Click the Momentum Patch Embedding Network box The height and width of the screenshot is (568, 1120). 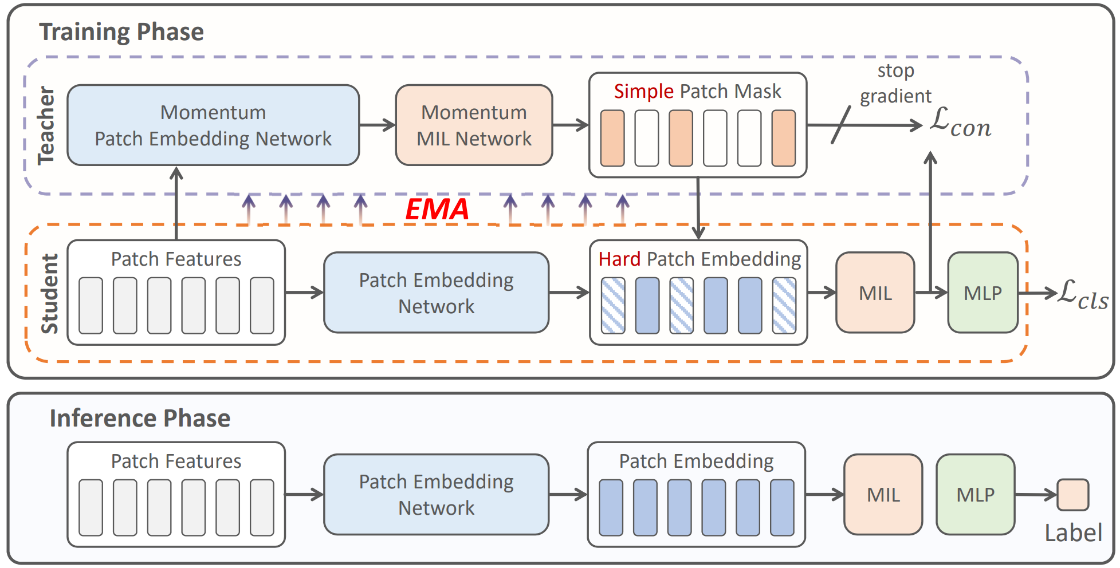click(x=213, y=125)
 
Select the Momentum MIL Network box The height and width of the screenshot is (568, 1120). click(x=474, y=125)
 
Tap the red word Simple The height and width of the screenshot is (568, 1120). click(x=643, y=92)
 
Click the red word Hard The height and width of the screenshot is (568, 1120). click(x=619, y=259)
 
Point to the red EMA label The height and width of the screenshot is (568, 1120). click(x=437, y=209)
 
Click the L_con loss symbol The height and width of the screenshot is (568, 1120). click(x=960, y=123)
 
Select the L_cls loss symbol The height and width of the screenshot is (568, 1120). click(x=1082, y=294)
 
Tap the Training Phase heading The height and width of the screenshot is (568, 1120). click(x=121, y=32)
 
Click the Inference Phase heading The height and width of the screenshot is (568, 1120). click(x=140, y=419)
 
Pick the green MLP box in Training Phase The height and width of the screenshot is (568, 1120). click(x=983, y=293)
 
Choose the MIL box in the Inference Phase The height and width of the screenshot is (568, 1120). click(x=883, y=495)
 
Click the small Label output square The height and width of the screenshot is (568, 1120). click(x=1072, y=495)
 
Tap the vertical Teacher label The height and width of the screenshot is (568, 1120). click(x=46, y=125)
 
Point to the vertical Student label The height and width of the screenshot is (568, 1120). click(x=50, y=293)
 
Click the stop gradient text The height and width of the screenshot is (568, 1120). click(x=895, y=84)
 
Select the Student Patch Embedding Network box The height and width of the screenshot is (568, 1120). click(x=436, y=293)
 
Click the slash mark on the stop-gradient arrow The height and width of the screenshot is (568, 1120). click(x=840, y=125)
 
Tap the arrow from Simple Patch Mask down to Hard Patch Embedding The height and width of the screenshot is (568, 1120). click(x=698, y=208)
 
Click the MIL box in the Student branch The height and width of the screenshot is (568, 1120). click(x=875, y=293)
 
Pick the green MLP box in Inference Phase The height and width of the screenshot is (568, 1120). click(x=975, y=495)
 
